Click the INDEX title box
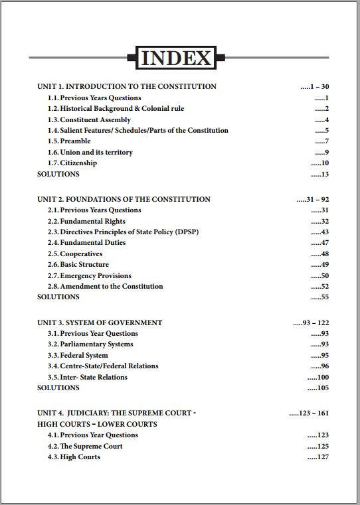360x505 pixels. tap(176, 58)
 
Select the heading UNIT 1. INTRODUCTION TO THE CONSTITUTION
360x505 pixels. tap(127, 86)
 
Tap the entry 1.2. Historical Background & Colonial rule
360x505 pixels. tap(116, 108)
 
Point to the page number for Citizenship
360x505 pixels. tap(320, 163)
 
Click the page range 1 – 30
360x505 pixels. tap(315, 86)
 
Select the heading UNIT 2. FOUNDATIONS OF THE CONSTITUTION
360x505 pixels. tap(124, 199)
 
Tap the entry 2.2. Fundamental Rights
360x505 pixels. tap(86, 221)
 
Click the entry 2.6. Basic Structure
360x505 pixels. tap(78, 265)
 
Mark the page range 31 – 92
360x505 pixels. tap(313, 199)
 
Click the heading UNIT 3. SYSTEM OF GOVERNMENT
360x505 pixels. tap(100, 323)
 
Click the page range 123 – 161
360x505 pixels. tap(309, 413)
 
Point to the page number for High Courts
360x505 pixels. tap(318, 457)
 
